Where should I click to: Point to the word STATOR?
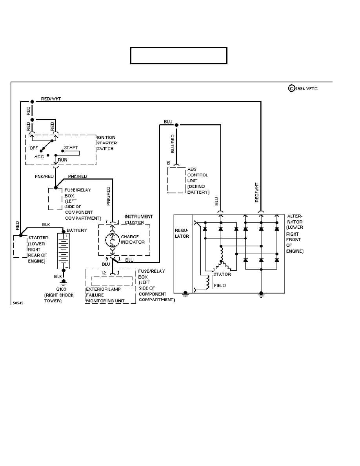[x=222, y=275]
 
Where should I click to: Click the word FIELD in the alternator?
[x=220, y=286]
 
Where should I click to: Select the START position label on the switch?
[x=71, y=148]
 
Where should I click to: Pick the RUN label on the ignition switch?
[x=63, y=160]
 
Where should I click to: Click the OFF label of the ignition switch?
[x=34, y=149]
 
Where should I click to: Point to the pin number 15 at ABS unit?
[x=168, y=162]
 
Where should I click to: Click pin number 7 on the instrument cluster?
[x=106, y=222]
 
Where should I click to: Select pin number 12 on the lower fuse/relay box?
[x=104, y=272]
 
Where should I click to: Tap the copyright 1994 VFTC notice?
[x=303, y=89]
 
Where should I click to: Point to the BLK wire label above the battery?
[x=46, y=225]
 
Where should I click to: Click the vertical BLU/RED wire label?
[x=173, y=144]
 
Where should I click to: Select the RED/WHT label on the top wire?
[x=51, y=99]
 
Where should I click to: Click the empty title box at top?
[x=179, y=56]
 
